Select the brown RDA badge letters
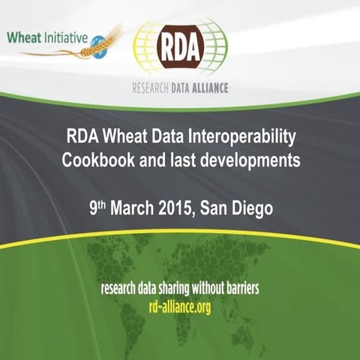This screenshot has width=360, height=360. click(x=179, y=49)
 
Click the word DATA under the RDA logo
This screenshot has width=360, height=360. click(x=178, y=87)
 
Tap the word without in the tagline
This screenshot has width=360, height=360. click(x=210, y=287)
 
